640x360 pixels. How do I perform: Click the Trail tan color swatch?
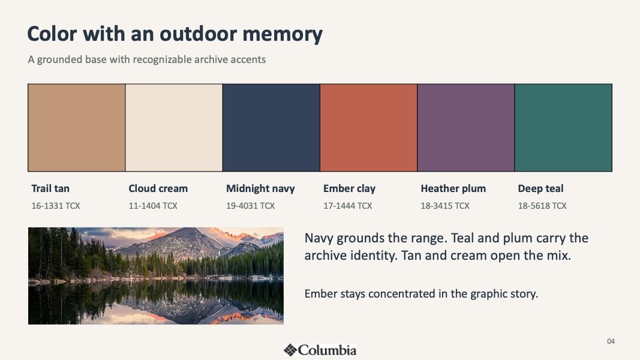[x=77, y=128]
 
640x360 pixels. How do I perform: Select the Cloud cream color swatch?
[x=174, y=128]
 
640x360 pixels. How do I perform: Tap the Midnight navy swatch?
[x=272, y=128]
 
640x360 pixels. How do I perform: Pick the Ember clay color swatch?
[x=368, y=128]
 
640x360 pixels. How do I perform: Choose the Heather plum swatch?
[x=466, y=128]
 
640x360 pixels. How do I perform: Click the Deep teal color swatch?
[x=563, y=128]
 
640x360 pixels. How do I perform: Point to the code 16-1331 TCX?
[x=56, y=206]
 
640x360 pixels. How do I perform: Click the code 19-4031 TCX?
[x=250, y=206]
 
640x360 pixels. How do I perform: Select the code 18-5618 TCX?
[x=542, y=206]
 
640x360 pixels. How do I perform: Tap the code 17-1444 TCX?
[x=348, y=206]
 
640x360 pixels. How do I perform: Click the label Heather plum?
[x=453, y=188]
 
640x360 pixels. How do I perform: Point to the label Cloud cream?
[x=158, y=188]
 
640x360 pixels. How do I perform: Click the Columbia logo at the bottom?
[x=320, y=350]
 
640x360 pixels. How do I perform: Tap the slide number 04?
[x=611, y=341]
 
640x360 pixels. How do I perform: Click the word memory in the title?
[x=283, y=34]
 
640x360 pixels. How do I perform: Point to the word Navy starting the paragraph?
[x=319, y=238]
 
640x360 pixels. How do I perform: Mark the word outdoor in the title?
[x=198, y=34]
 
